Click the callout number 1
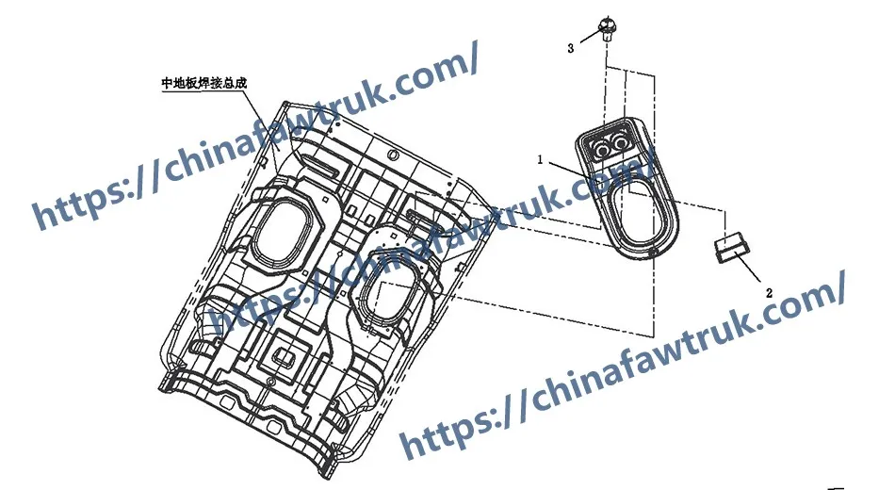[x=542, y=160]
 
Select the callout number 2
[x=769, y=294]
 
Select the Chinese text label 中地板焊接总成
[x=204, y=83]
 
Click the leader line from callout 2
[x=751, y=272]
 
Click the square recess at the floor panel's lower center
[x=283, y=355]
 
